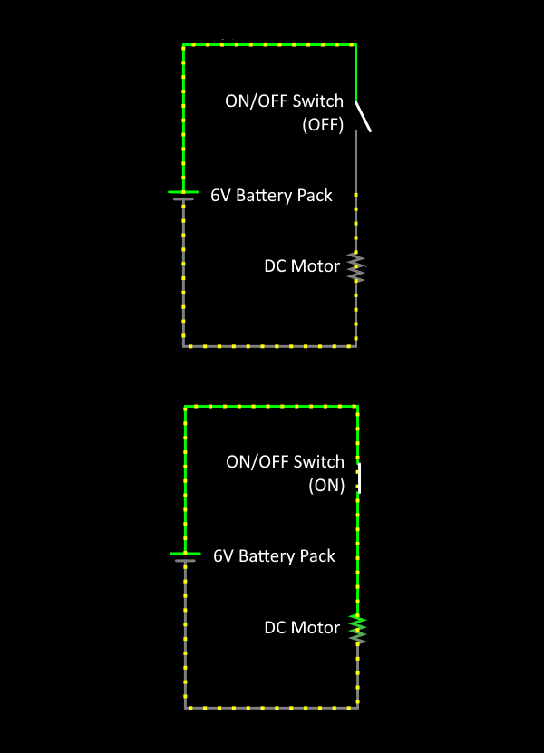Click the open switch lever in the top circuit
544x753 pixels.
(x=363, y=116)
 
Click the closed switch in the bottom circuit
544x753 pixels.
(x=359, y=478)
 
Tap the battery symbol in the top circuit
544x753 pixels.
(x=183, y=196)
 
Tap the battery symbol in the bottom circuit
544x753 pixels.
(x=185, y=556)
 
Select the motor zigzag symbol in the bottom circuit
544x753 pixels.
(x=359, y=628)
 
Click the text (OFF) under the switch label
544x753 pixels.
(x=323, y=126)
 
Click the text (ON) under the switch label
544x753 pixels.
(x=326, y=485)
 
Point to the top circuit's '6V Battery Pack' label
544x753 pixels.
(x=271, y=195)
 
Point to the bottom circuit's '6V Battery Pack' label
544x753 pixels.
(x=274, y=555)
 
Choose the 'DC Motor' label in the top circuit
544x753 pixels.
(x=302, y=266)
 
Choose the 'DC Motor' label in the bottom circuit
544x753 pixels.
(x=302, y=627)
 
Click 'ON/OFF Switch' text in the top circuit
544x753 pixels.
(x=285, y=101)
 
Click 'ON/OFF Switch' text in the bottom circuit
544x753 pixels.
(x=285, y=462)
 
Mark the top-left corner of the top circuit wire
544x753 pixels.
(x=184, y=44)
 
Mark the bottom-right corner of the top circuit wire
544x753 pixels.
(x=355, y=345)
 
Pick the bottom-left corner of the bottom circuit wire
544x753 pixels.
(x=186, y=707)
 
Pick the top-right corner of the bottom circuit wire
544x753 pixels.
(x=358, y=407)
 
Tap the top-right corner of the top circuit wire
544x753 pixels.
(x=355, y=44)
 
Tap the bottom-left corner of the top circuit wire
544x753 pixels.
(x=184, y=345)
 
